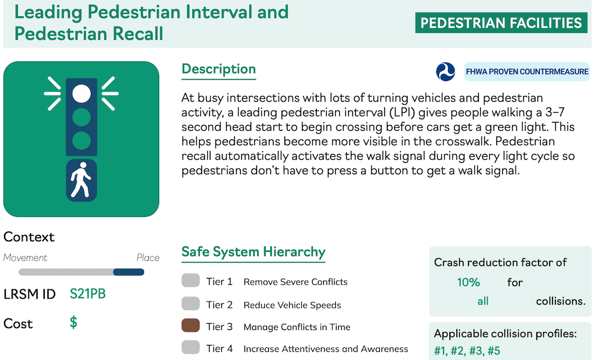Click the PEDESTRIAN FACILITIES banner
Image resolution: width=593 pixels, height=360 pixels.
point(501,23)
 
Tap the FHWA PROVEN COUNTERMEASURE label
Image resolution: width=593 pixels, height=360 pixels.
point(527,71)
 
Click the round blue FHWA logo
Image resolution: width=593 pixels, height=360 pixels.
point(445,71)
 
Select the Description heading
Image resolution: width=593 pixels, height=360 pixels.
point(218,69)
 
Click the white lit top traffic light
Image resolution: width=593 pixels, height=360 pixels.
point(81,93)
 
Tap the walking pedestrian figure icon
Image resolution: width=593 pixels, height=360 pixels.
point(81,180)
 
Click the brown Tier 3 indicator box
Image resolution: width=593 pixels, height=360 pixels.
point(191,326)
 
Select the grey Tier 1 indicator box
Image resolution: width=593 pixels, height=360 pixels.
point(191,281)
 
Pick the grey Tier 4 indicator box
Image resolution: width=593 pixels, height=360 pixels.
point(191,347)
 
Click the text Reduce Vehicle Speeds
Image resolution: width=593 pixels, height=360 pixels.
point(292,305)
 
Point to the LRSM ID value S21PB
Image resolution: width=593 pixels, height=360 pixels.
point(88,294)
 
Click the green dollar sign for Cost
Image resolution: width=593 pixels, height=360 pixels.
point(74,322)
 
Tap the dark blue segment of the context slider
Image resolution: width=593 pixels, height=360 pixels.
point(129,272)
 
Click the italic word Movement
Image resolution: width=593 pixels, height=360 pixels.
point(25,258)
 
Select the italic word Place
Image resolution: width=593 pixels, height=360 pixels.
point(148,258)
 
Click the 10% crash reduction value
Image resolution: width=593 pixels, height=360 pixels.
point(468,282)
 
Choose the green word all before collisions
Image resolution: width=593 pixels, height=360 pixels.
point(483,301)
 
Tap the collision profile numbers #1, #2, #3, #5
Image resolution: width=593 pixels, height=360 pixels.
point(467,351)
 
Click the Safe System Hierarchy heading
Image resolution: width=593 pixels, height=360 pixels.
point(254,252)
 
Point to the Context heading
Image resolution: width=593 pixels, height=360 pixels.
point(29,237)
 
